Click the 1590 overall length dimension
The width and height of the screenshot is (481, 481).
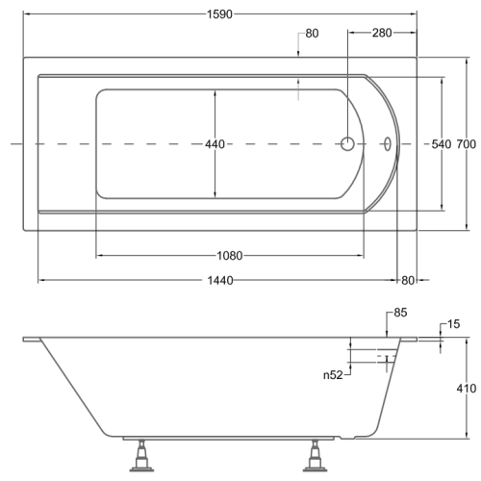[219, 14]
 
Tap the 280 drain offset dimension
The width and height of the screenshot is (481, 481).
[382, 33]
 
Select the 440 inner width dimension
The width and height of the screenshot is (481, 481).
[215, 144]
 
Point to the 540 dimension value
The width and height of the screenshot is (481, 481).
[442, 144]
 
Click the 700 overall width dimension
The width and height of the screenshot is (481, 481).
[467, 144]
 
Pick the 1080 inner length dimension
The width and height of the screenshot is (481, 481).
[230, 256]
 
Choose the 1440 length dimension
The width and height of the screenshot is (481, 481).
[220, 281]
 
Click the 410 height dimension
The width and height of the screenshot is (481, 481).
[467, 389]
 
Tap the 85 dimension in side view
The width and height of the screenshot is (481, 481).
[400, 313]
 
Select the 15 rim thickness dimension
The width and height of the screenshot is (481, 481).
[453, 324]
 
